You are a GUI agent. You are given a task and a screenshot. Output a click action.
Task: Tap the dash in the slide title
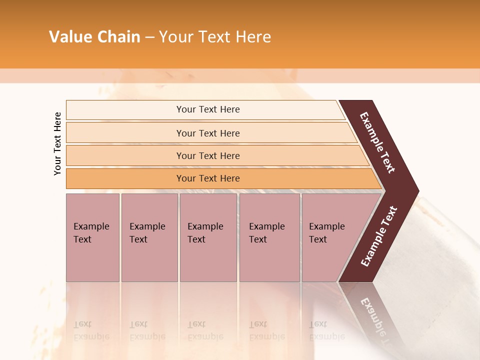149,37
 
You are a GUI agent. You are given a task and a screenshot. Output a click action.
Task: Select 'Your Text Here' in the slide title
215,37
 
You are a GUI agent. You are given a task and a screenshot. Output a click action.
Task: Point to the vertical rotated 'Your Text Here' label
57,143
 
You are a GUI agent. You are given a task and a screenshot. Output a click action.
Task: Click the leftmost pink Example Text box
92,237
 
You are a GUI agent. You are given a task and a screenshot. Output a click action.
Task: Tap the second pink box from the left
149,237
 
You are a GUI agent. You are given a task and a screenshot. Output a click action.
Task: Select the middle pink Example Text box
208,237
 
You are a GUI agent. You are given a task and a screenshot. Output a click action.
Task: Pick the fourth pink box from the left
269,237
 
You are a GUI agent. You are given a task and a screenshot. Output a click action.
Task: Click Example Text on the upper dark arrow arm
377,142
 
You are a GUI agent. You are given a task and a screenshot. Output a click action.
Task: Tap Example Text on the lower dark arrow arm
378,236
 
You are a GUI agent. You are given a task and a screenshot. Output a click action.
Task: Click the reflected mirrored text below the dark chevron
376,317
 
